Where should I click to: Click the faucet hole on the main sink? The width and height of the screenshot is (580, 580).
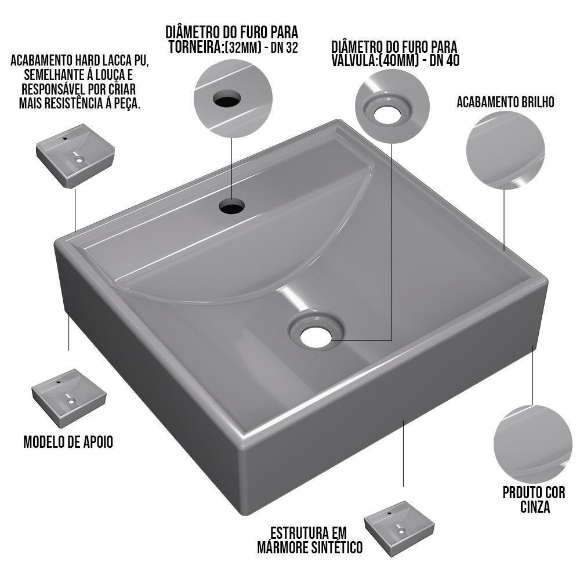click(x=233, y=206)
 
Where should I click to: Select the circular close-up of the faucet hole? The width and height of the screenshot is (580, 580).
click(x=233, y=98)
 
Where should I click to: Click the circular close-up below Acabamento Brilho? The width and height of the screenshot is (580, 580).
click(x=505, y=149)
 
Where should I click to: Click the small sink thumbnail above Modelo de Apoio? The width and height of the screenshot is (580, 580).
click(x=68, y=397)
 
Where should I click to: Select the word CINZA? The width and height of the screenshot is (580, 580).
click(x=534, y=507)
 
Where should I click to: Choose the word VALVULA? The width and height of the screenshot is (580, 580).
click(x=354, y=60)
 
